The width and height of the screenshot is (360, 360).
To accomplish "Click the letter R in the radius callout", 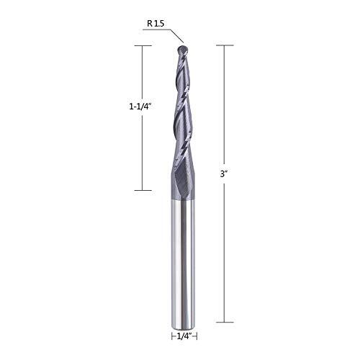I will [x=149, y=24].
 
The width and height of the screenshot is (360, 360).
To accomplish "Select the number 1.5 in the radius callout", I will [x=159, y=24].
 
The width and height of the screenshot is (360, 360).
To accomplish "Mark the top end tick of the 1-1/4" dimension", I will [x=143, y=45].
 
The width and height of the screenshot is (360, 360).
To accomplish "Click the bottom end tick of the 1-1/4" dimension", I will [x=143, y=189].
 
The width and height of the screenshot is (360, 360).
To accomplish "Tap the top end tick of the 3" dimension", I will [x=225, y=45].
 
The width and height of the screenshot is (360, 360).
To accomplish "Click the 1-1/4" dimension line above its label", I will [x=143, y=72].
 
